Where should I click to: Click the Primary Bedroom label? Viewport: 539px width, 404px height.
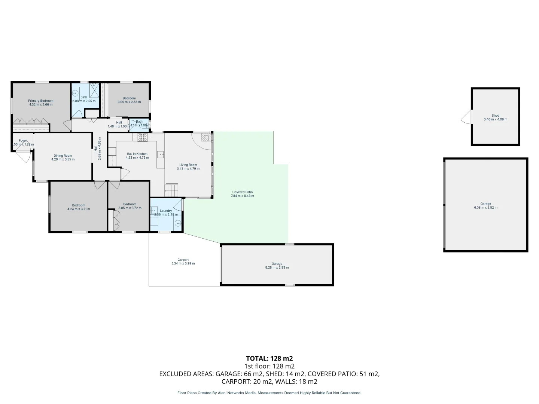(41, 101)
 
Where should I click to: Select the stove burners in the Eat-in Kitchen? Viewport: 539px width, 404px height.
(142, 137)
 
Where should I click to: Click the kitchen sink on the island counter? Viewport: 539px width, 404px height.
(161, 154)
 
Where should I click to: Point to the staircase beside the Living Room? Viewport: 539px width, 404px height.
(172, 190)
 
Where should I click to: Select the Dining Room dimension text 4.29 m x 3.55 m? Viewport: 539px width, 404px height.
(63, 159)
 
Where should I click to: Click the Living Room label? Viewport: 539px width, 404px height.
(188, 165)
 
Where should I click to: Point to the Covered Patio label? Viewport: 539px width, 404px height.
(242, 192)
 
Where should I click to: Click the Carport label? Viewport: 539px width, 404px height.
(183, 260)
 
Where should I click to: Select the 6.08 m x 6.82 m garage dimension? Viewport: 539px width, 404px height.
(485, 208)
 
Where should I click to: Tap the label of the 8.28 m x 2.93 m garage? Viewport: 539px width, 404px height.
(277, 263)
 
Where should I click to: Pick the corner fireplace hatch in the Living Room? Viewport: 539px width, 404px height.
(206, 137)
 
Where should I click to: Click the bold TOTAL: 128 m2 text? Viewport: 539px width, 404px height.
(269, 358)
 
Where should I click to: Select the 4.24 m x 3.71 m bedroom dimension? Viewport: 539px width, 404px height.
(79, 209)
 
